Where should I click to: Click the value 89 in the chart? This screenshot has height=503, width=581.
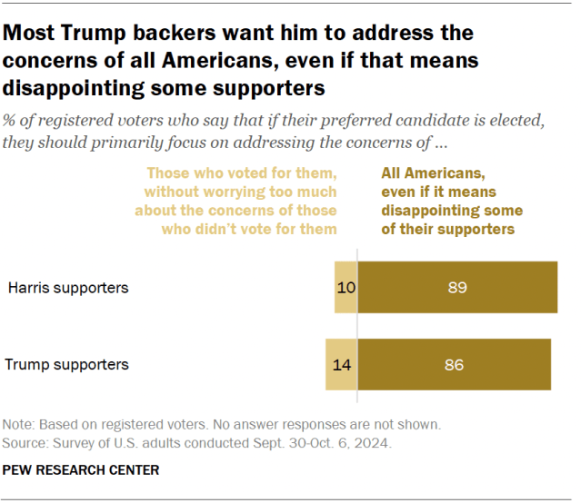457,288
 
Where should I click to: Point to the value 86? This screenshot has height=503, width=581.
454,365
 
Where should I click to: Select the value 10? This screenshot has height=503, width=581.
346,288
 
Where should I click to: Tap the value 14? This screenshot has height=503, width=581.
341,365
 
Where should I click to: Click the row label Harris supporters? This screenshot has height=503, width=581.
68,288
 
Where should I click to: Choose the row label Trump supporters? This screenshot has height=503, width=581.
67,365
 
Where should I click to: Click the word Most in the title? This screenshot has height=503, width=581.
28,35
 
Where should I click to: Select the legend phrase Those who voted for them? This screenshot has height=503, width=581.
242,173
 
